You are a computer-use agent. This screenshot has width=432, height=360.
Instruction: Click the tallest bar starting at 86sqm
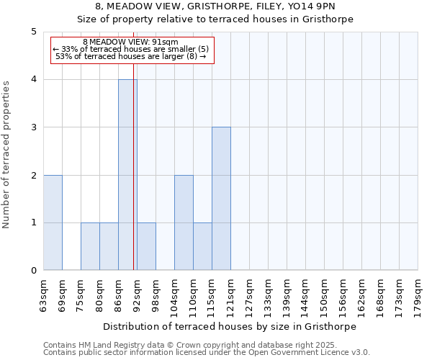[127, 175]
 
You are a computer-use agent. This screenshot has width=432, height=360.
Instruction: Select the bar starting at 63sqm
[53, 222]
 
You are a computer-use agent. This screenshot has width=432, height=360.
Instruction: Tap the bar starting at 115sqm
[221, 199]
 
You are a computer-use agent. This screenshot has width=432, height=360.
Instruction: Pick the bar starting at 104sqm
[184, 222]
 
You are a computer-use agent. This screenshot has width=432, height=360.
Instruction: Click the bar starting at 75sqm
[90, 246]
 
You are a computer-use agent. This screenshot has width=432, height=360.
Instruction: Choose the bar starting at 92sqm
[146, 246]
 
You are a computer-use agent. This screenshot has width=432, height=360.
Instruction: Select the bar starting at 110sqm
[202, 246]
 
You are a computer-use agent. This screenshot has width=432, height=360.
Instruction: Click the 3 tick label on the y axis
[33, 127]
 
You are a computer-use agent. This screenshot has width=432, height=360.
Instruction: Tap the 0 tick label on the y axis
[33, 271]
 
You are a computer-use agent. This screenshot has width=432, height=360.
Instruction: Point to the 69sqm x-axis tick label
[62, 294]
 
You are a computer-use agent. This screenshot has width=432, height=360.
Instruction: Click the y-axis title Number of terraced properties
[7, 154]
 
